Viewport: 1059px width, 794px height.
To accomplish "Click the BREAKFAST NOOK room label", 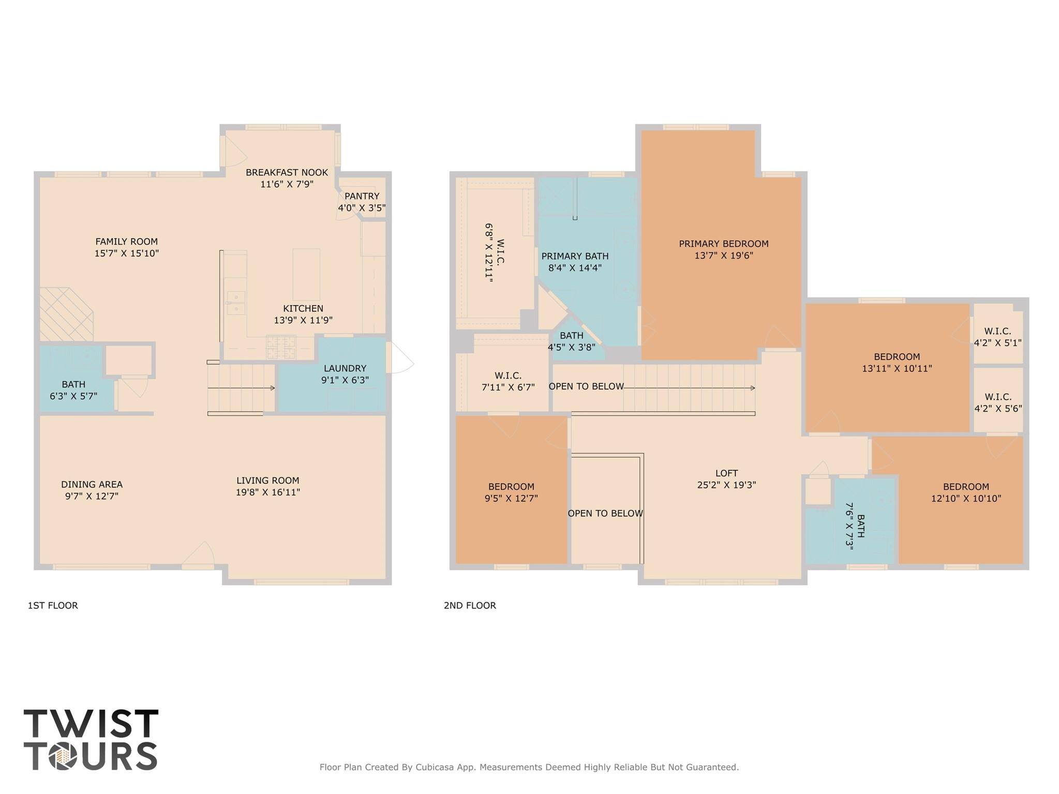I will (x=286, y=172).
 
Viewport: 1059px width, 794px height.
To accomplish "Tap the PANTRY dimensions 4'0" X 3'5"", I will (x=362, y=208).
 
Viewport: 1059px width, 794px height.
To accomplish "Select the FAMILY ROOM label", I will (x=126, y=242).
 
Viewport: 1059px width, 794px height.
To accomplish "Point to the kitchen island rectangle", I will (x=306, y=274).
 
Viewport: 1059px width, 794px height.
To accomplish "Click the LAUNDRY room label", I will (x=345, y=368).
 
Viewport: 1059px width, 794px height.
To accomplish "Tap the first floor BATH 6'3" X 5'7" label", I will (x=73, y=390).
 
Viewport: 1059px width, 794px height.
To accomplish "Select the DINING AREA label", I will (x=92, y=485).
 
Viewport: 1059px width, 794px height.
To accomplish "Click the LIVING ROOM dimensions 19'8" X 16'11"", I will (x=267, y=492).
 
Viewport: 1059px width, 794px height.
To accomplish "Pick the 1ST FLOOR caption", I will (x=52, y=605).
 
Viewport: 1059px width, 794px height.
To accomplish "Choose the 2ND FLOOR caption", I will (x=469, y=605).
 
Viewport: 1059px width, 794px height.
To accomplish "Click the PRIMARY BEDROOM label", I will (x=723, y=244).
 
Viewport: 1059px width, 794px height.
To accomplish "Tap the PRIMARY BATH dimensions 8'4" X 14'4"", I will (x=574, y=268).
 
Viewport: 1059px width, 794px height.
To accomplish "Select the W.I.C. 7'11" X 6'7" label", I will (x=508, y=381).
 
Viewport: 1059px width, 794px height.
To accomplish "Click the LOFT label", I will (x=726, y=473).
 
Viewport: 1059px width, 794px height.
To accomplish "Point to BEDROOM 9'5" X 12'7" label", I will (x=511, y=492).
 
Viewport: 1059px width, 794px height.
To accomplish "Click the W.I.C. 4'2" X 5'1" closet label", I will (x=997, y=337).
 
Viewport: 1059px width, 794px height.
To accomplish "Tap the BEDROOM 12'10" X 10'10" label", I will (x=965, y=492).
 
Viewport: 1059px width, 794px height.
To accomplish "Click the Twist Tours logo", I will (x=91, y=739).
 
